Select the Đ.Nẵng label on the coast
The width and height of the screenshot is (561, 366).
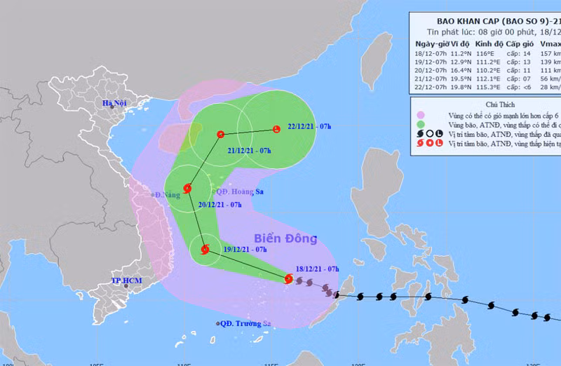click(x=168, y=195)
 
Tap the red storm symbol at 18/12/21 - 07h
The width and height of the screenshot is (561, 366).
click(x=288, y=278)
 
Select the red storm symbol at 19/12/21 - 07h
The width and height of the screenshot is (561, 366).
click(x=205, y=249)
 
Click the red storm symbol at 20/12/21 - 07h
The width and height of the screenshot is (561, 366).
click(x=187, y=188)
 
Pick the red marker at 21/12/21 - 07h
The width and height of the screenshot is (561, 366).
click(x=221, y=134)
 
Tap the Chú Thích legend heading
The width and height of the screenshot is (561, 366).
click(x=488, y=104)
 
